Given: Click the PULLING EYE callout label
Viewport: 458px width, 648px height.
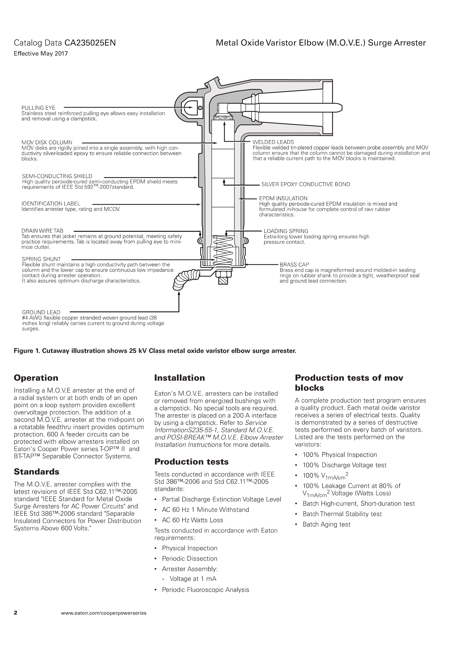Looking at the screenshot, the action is point(38,108).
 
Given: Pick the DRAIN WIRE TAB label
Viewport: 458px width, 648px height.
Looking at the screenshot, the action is point(42,231).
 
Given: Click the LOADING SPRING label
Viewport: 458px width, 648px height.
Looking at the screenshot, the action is point(286,231).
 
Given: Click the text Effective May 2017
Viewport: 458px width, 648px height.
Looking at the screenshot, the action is point(41,54).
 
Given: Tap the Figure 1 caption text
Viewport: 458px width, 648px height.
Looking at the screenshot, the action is point(155,351).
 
